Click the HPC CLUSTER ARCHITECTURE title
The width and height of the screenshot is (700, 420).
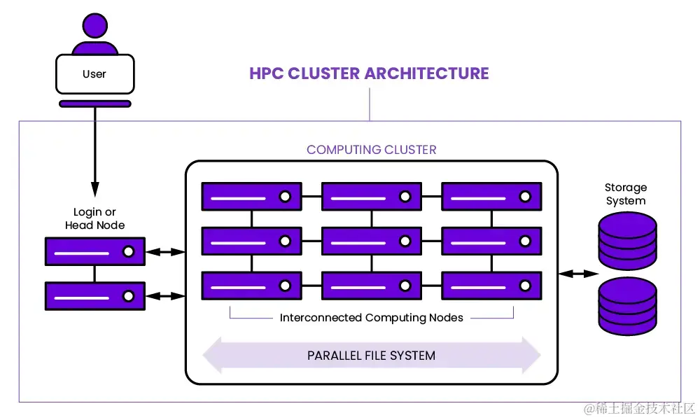(369, 73)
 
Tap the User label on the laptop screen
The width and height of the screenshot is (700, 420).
(94, 73)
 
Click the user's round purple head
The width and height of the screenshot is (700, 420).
(95, 26)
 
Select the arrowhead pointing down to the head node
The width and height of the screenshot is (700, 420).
(95, 188)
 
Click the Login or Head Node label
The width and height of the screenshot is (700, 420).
(95, 218)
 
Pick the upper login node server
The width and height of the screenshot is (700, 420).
(95, 251)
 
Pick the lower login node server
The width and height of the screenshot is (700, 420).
(95, 296)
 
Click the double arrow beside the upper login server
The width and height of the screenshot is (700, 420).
(165, 251)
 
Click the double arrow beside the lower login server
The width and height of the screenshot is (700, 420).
(165, 296)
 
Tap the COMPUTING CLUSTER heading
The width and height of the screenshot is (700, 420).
(371, 150)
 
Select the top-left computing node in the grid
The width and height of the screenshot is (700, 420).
(251, 197)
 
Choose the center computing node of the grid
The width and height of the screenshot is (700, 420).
(371, 241)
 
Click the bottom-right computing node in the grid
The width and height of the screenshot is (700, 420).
(491, 286)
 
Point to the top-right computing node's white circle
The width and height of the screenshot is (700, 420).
(525, 197)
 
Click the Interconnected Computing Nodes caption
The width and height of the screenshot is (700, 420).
(371, 318)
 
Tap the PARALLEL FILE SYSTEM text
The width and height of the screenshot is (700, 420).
(371, 356)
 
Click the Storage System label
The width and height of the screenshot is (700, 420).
(626, 194)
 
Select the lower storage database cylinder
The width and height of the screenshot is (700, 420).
(628, 306)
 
